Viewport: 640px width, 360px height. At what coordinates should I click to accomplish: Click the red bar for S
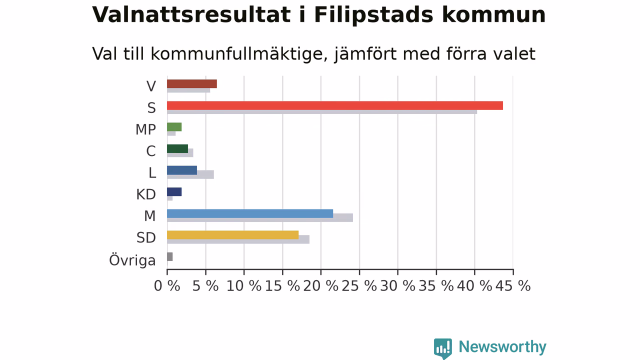click(x=335, y=105)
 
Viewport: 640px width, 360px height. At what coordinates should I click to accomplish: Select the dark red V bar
click(x=192, y=83)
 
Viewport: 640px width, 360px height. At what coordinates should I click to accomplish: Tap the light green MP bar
click(x=174, y=127)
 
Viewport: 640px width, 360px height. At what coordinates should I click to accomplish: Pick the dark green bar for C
click(x=177, y=148)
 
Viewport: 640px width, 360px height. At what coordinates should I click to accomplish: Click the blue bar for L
click(x=182, y=170)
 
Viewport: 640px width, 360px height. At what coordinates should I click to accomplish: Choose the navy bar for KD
click(x=174, y=191)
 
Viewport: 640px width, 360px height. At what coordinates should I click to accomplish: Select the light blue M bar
click(x=250, y=213)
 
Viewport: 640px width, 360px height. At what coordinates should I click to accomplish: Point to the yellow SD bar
click(x=233, y=235)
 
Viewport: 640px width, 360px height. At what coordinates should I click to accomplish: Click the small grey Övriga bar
click(x=169, y=256)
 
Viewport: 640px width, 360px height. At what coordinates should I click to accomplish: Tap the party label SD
click(x=146, y=237)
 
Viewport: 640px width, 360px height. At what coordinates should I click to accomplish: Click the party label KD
click(x=146, y=194)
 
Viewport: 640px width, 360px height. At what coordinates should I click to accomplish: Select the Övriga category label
click(x=132, y=260)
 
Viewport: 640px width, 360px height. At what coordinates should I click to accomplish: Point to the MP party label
click(x=145, y=129)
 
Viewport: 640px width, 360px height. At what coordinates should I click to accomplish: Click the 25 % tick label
click(x=359, y=285)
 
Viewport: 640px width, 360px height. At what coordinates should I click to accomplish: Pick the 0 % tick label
click(x=167, y=285)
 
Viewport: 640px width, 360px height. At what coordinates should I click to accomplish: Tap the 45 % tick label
click(x=513, y=285)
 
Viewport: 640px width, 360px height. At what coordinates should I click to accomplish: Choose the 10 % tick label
click(x=243, y=285)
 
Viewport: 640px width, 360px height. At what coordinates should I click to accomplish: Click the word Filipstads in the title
click(x=373, y=15)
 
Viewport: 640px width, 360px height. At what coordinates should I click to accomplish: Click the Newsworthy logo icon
click(x=443, y=348)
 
